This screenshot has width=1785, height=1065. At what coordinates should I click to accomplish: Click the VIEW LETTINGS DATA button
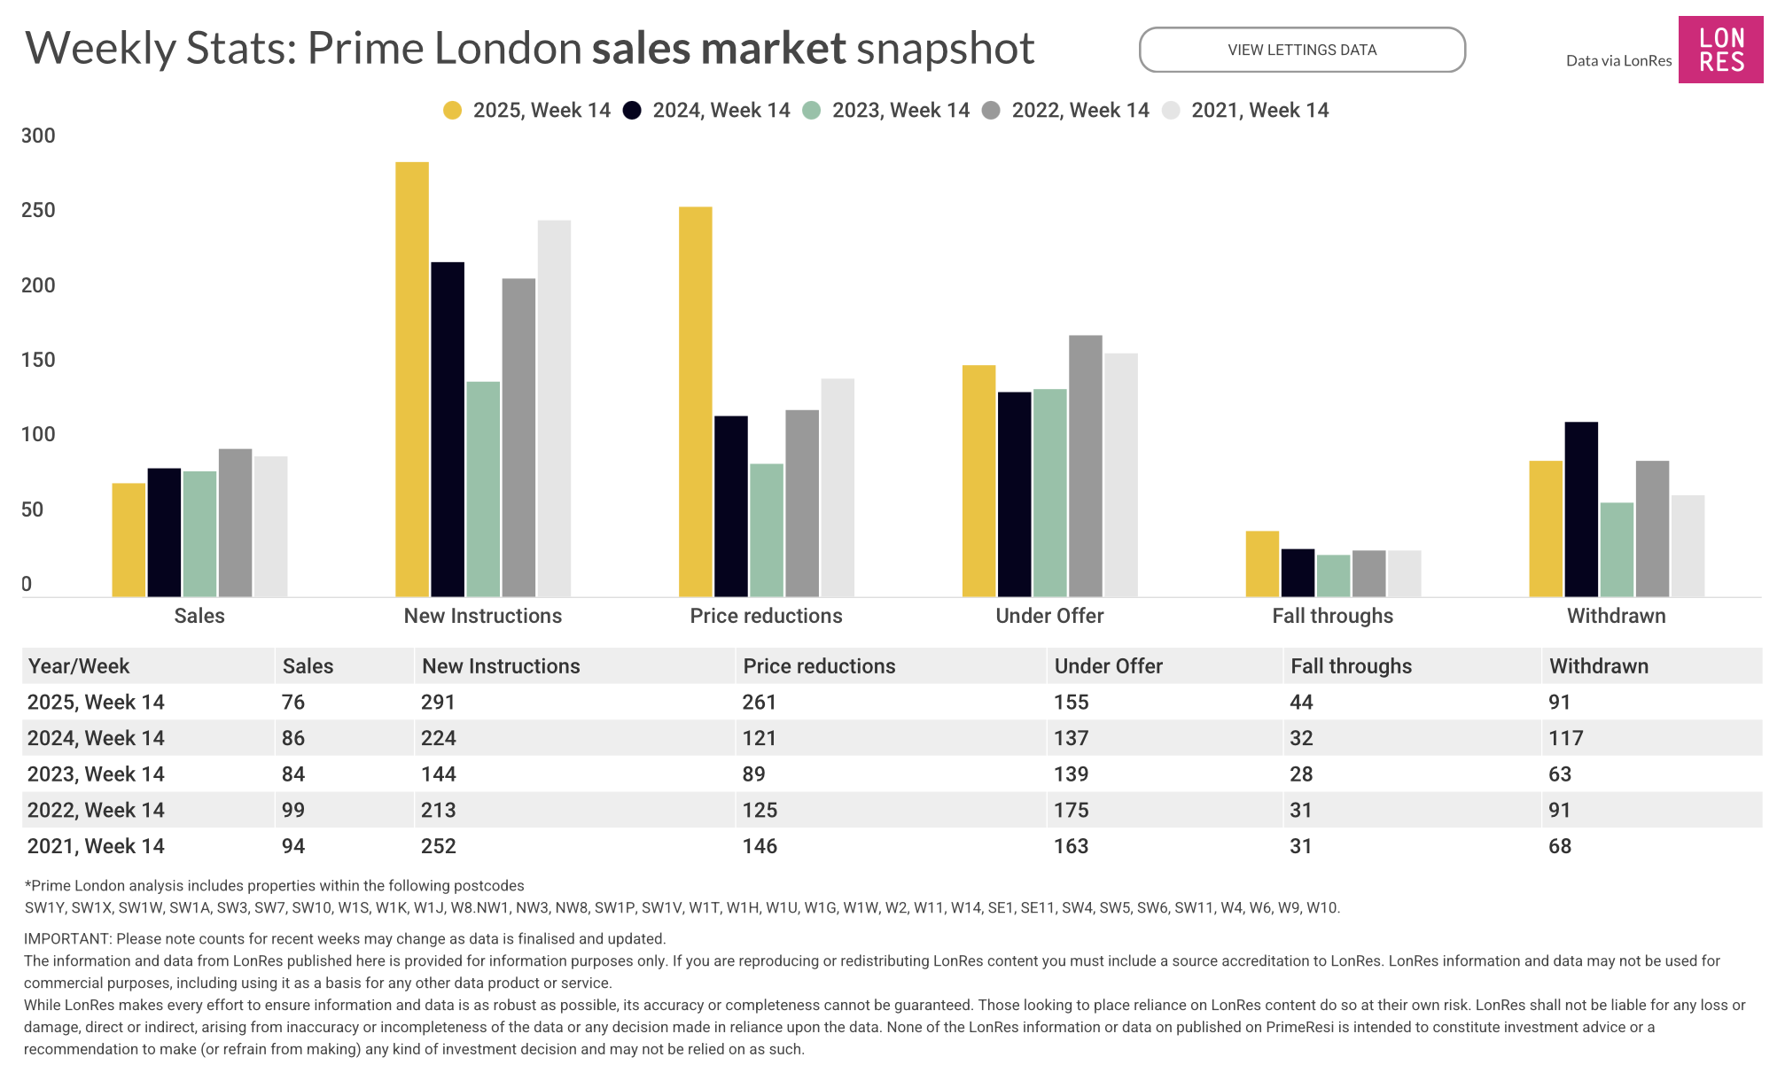(1301, 50)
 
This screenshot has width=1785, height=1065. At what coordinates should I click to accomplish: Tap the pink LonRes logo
(1720, 50)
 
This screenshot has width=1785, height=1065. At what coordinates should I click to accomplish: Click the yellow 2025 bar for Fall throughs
(1262, 564)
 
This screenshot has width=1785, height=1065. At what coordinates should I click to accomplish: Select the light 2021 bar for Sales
(270, 526)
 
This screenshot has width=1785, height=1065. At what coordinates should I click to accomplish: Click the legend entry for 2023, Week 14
(886, 111)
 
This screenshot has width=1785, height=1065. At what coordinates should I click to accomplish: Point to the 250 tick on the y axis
(38, 211)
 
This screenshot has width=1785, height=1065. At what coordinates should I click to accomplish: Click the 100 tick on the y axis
(38, 435)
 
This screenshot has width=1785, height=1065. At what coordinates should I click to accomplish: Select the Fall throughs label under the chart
(1332, 616)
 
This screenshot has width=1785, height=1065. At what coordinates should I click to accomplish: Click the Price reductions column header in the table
(819, 666)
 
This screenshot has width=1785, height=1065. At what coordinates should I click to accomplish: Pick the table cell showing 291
(438, 703)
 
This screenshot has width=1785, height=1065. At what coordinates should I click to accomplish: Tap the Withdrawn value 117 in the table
(1565, 738)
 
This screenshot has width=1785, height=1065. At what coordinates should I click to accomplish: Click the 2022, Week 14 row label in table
(96, 810)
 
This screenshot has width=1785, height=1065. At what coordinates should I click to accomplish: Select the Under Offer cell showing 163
(1071, 846)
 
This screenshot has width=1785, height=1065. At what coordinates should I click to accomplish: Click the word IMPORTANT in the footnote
(66, 939)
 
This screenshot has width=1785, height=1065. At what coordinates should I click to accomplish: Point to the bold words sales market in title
(719, 48)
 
